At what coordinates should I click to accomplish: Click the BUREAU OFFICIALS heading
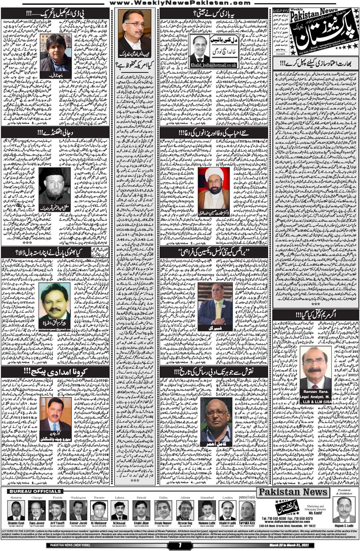pyautogui.click(x=35, y=491)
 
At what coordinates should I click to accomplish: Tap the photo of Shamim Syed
pyautogui.click(x=16, y=511)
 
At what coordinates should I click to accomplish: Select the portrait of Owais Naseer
pyautogui.click(x=163, y=511)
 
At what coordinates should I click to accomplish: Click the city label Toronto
pyautogui.click(x=99, y=498)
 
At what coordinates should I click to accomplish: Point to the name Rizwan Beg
pyautogui.click(x=185, y=523)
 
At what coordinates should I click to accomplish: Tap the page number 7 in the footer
pyautogui.click(x=180, y=545)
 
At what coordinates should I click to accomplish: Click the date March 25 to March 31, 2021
pyautogui.click(x=289, y=545)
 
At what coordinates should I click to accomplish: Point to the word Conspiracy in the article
pyautogui.click(x=205, y=274)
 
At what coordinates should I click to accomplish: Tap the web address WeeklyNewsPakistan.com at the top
pyautogui.click(x=180, y=3)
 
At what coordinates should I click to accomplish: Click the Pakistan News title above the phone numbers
pyautogui.click(x=293, y=492)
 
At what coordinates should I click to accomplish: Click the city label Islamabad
pyautogui.click(x=207, y=498)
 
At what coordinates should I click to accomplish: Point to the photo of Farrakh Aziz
pyautogui.click(x=247, y=511)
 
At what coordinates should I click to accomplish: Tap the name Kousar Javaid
pyautogui.click(x=78, y=523)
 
